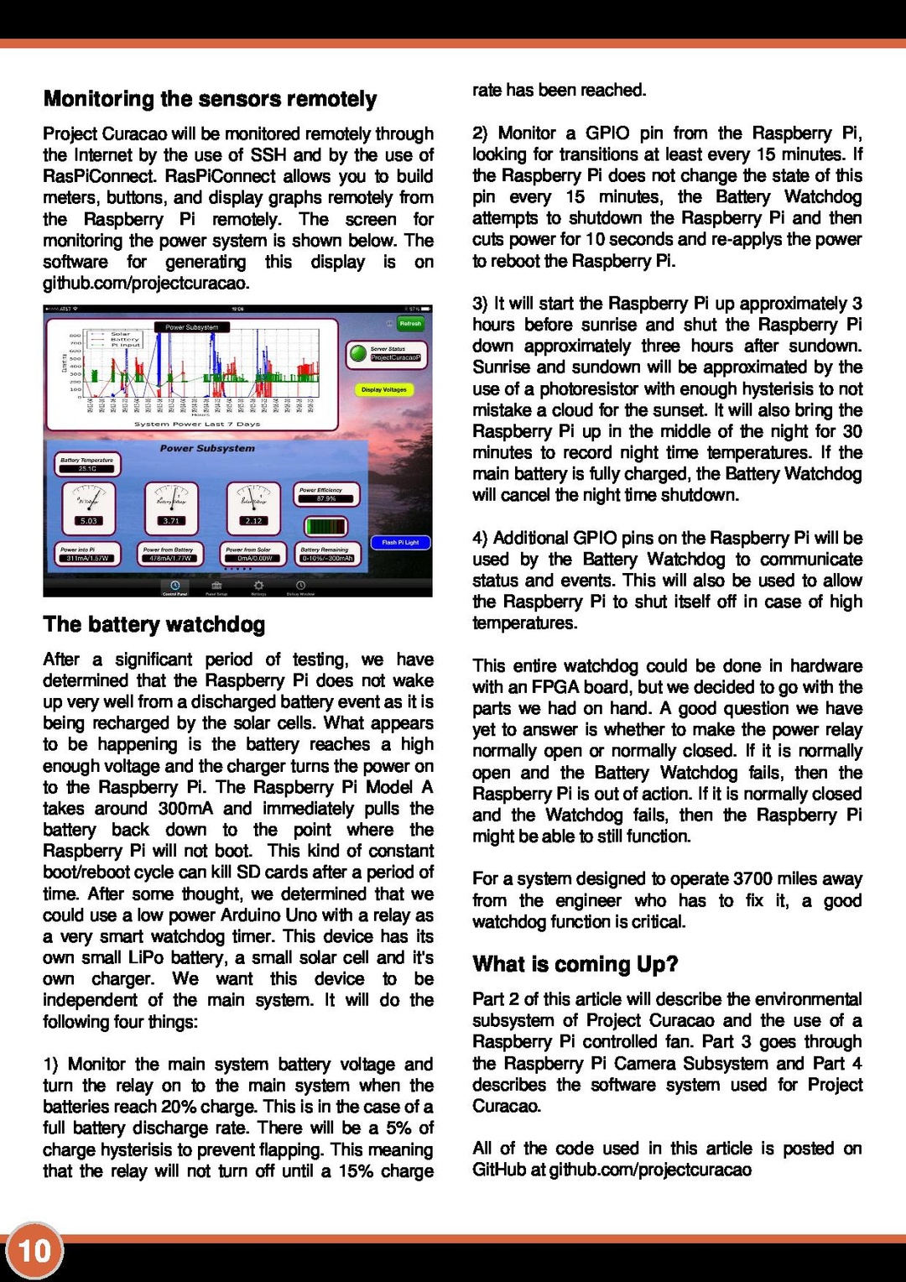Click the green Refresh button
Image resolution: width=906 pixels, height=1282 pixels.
410,323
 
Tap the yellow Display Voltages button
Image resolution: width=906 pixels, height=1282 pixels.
383,389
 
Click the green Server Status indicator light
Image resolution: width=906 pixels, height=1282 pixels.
358,353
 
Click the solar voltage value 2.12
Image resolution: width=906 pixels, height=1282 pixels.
253,520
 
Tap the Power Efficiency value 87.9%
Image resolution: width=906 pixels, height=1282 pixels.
326,498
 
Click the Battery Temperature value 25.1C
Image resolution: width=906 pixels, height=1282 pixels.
87,468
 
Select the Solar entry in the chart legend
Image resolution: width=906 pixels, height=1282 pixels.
120,333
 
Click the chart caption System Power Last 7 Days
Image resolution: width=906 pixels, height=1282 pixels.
197,425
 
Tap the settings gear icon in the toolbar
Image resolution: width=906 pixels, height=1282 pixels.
258,585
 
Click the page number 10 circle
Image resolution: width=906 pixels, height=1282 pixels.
34,1251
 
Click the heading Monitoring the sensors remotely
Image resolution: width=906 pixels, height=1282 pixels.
210,99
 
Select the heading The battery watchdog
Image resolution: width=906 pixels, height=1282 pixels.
154,624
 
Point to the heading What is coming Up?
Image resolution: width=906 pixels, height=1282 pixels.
575,964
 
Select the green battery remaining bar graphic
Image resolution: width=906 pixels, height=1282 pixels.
326,527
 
